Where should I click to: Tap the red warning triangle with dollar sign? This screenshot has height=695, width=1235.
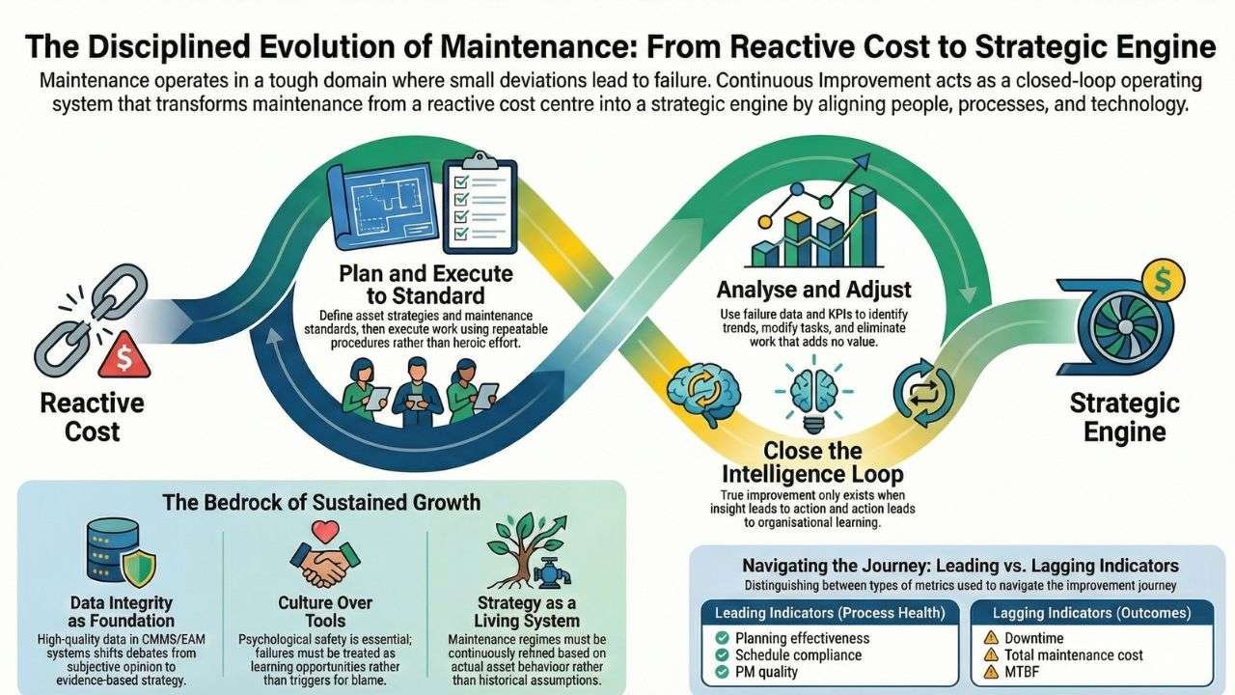[x=123, y=356]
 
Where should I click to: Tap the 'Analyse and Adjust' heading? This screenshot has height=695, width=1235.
[x=813, y=289]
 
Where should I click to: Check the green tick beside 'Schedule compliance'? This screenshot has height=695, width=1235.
[x=721, y=654]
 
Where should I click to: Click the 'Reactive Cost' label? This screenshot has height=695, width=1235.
[x=93, y=416]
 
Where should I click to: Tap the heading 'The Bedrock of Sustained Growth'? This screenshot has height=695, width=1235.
[x=322, y=501]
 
